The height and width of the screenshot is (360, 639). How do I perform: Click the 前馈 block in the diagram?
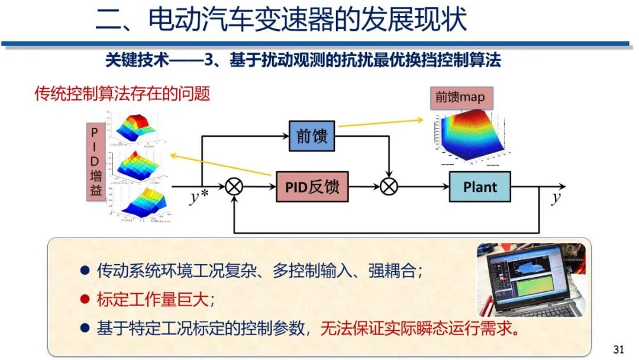[x=311, y=136]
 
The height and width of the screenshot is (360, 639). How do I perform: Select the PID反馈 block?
[x=312, y=187]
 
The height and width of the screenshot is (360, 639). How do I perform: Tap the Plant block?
[x=479, y=187]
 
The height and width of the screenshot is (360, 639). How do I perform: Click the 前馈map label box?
[x=460, y=98]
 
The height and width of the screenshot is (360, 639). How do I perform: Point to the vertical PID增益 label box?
[x=94, y=161]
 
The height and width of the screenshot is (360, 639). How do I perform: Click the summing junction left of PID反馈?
[x=234, y=187]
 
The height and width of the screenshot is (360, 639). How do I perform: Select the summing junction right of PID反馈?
[x=388, y=187]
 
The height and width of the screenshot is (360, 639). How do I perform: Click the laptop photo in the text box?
[x=531, y=278]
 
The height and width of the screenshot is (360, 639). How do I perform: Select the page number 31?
[x=618, y=349]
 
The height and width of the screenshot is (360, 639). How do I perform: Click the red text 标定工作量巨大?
[x=153, y=300]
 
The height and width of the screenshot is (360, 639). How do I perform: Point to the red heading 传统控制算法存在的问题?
[x=122, y=94]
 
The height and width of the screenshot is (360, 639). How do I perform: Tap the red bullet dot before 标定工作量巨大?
[x=85, y=300]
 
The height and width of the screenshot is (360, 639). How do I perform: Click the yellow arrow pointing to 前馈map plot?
[x=381, y=122]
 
